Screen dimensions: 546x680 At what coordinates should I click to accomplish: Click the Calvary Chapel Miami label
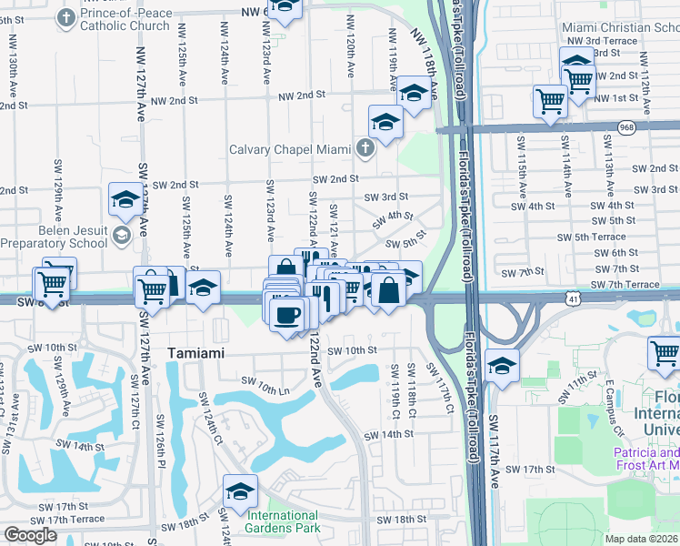(x=290, y=150)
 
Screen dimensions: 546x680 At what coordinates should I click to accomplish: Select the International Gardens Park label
(x=283, y=521)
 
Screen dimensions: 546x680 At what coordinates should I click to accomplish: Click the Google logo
(x=30, y=535)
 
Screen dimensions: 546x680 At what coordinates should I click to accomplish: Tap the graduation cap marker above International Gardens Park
(x=239, y=492)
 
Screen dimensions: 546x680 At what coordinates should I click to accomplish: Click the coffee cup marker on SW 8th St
(x=288, y=314)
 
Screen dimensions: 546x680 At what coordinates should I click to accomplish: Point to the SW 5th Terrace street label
(x=595, y=237)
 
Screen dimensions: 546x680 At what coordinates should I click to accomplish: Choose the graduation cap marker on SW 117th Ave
(x=502, y=366)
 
